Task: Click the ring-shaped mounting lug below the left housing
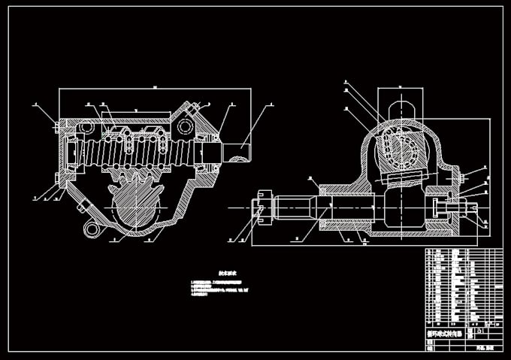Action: (92, 228)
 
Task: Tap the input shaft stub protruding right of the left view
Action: (237, 151)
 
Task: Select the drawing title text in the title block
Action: (443, 331)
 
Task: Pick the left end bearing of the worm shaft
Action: (72, 150)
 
